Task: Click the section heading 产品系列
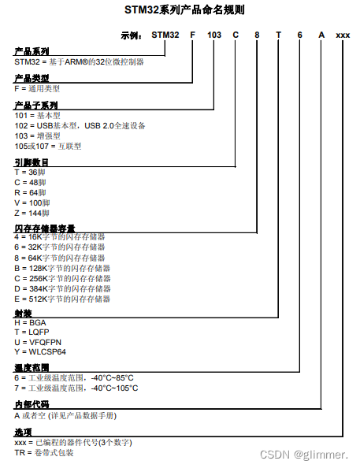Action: (32, 50)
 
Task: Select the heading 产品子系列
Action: (36, 105)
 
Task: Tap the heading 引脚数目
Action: (32, 162)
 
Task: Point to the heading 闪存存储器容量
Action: (44, 228)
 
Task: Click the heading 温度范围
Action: (32, 368)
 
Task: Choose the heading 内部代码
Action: (32, 405)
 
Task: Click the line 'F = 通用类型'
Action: (37, 89)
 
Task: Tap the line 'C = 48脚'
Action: (31, 181)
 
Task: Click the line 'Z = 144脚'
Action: (33, 213)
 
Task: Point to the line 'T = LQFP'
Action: (32, 332)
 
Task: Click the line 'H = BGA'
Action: (31, 322)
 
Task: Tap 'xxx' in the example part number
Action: (343, 35)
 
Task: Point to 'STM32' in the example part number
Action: (165, 35)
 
